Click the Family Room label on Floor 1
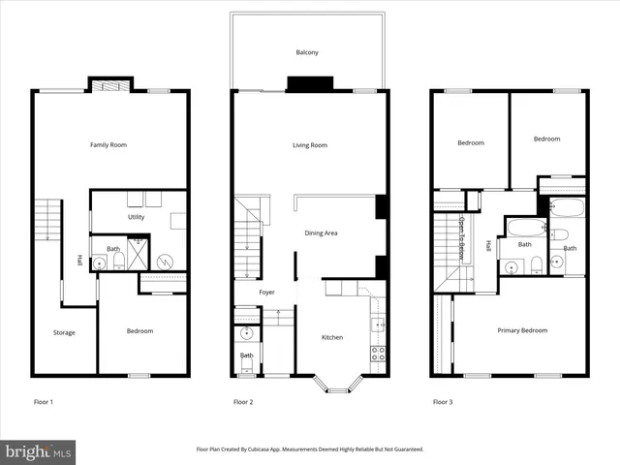[x=108, y=145]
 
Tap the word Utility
[x=136, y=217]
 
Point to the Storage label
[x=64, y=332]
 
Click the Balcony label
[x=307, y=52]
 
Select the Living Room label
[x=310, y=145]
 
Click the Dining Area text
[x=321, y=232]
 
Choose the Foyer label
[x=267, y=292]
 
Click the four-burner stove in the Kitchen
[x=378, y=353]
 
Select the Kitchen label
[x=332, y=337]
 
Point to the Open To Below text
[x=462, y=237]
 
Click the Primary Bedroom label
[x=522, y=330]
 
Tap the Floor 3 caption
[x=444, y=401]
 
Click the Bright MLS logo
[x=39, y=450]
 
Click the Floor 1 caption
[x=44, y=401]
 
